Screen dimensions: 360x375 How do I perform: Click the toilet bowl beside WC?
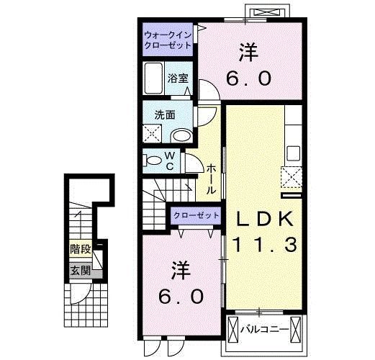coord(153,160)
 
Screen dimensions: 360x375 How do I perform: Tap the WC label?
coord(170,161)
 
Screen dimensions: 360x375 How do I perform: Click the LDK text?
coord(261,218)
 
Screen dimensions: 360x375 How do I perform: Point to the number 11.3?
coord(263,246)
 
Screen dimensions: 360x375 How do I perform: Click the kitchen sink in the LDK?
coord(292,153)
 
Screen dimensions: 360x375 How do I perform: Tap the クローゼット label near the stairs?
coord(196,215)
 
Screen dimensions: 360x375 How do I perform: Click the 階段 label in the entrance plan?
coord(80,250)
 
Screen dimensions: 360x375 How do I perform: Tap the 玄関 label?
coord(80,271)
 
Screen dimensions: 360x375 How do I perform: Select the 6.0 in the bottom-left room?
coord(181,295)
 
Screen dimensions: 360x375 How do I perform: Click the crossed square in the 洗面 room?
coord(152,133)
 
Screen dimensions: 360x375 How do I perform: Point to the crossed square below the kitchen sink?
coord(292,176)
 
